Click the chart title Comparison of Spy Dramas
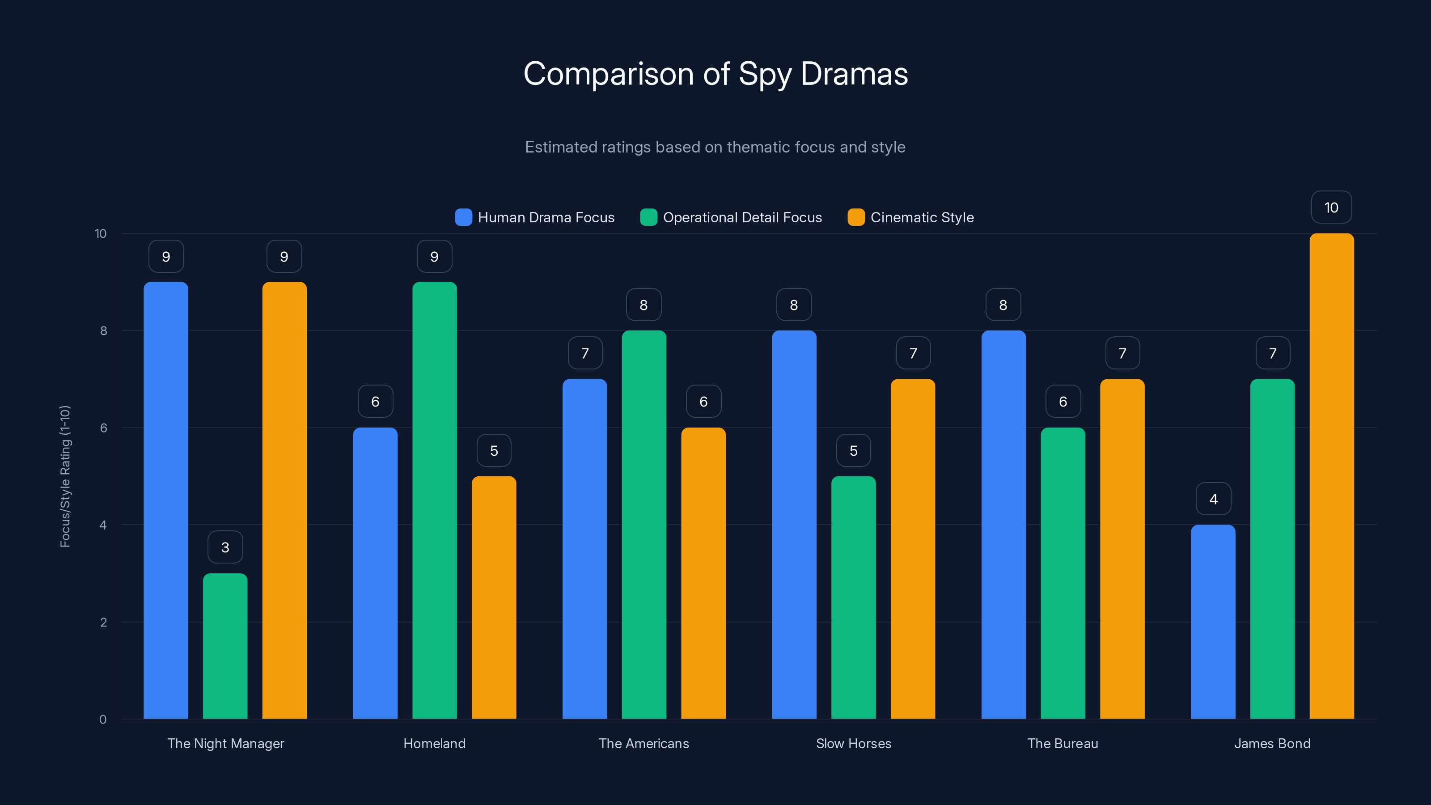click(715, 74)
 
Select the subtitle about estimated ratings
click(715, 147)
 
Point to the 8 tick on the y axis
click(103, 331)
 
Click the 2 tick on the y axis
click(103, 622)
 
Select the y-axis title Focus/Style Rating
click(65, 476)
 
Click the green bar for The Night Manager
click(225, 647)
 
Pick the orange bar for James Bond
click(1332, 478)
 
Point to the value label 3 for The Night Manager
click(225, 548)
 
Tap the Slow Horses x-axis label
click(853, 744)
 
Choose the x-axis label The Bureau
click(1063, 744)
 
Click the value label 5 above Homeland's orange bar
click(494, 450)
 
